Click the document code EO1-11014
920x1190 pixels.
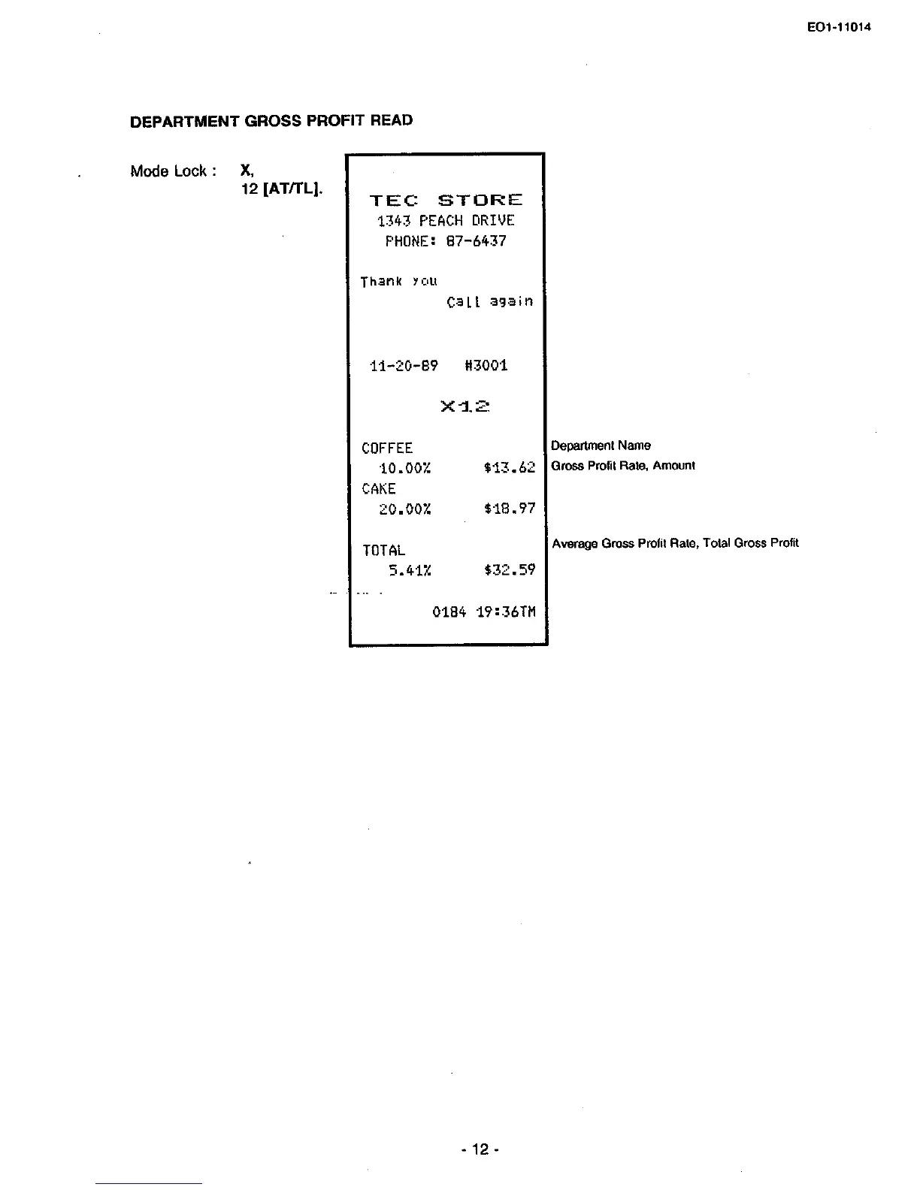(x=839, y=28)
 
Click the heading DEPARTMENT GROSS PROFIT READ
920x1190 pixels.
(x=271, y=121)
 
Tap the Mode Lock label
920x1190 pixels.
(x=173, y=171)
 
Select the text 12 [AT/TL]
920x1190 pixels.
(x=282, y=189)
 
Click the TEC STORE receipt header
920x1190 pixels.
(x=446, y=200)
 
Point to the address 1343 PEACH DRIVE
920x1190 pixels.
(x=446, y=221)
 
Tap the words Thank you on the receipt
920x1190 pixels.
(x=398, y=281)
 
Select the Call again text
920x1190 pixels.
(x=489, y=301)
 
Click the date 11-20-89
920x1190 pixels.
(x=404, y=366)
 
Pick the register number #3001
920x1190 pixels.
(x=486, y=366)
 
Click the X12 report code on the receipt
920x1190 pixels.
(x=465, y=406)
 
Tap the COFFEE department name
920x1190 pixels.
(x=387, y=449)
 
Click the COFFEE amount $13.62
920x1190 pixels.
(x=510, y=468)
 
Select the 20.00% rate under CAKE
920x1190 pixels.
(x=404, y=509)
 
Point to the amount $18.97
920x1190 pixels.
(x=510, y=509)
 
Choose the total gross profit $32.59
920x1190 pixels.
(x=510, y=570)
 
